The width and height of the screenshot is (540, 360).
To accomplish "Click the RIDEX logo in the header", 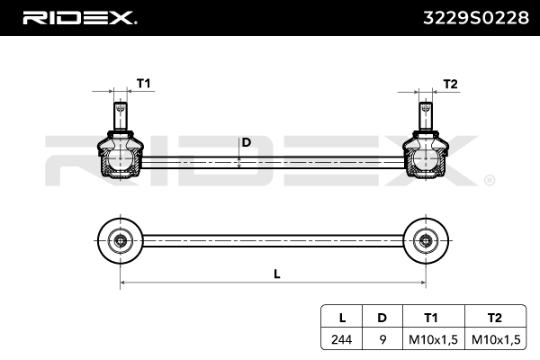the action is click(x=79, y=17).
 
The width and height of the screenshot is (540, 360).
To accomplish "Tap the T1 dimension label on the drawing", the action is click(x=143, y=84).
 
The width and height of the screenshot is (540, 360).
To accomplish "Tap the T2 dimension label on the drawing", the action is click(x=451, y=84).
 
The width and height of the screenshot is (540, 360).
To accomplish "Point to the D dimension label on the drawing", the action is click(x=246, y=143).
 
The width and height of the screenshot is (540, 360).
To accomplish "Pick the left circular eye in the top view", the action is click(x=119, y=239).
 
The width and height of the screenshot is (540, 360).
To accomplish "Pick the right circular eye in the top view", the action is click(x=425, y=239).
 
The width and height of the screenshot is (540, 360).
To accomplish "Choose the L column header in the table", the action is click(x=341, y=318).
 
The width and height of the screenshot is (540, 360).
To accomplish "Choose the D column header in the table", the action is click(x=382, y=318).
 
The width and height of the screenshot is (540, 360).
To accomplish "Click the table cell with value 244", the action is click(x=341, y=338).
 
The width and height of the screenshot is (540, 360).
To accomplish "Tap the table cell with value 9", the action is click(x=382, y=338).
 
